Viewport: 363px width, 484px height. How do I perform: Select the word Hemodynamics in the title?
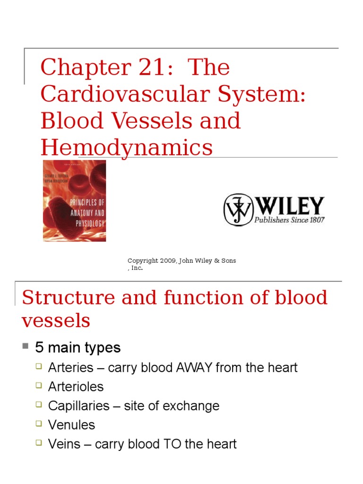[x=126, y=147]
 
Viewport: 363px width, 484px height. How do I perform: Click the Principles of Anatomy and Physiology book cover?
[x=74, y=200]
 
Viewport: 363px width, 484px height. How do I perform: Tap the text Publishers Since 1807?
[x=289, y=220]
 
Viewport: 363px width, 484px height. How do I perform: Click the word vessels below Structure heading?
[x=56, y=321]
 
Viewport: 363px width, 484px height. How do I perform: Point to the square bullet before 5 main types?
[x=26, y=346]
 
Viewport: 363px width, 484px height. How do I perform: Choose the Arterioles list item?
[x=76, y=387]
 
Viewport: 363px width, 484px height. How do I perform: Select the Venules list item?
[x=71, y=425]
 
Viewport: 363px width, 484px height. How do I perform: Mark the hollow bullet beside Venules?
[x=40, y=424]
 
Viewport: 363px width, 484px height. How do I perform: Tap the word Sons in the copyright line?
[x=227, y=261]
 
